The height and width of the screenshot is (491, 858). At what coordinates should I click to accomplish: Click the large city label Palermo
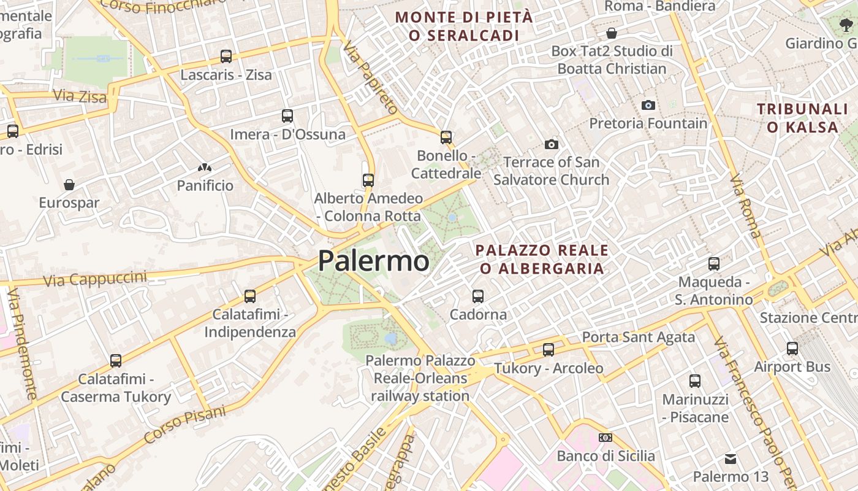point(373,261)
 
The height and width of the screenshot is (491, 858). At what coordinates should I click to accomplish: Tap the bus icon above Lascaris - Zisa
point(226,56)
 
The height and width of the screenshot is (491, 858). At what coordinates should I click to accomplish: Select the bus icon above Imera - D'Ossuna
point(287,115)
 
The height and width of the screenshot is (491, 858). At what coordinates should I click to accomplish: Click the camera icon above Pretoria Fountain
point(648,105)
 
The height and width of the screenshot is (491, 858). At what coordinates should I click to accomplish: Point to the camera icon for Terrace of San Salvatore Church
point(552,144)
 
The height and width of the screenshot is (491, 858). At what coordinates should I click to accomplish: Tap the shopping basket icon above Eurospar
point(69,184)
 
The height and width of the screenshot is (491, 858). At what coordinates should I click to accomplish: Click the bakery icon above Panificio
point(205,167)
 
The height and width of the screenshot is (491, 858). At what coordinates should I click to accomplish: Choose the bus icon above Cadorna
point(478,296)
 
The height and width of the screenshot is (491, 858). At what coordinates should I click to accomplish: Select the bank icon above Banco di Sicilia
point(606,438)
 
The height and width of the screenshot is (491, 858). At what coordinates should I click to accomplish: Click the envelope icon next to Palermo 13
point(731,458)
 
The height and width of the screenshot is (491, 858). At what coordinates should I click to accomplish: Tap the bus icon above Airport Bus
point(792,349)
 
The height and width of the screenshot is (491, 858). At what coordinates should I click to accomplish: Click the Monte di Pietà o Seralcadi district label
point(464,26)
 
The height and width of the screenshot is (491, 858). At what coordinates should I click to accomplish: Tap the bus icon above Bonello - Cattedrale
point(446,137)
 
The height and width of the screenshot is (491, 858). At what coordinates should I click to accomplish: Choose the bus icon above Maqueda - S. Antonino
point(714,264)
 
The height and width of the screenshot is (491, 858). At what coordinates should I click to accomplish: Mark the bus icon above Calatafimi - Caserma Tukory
point(116,361)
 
